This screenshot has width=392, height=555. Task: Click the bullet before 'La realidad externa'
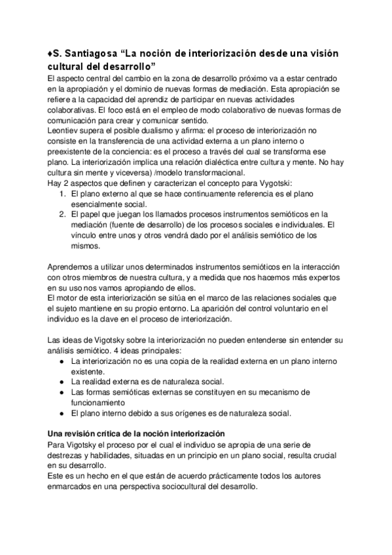click(61, 381)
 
